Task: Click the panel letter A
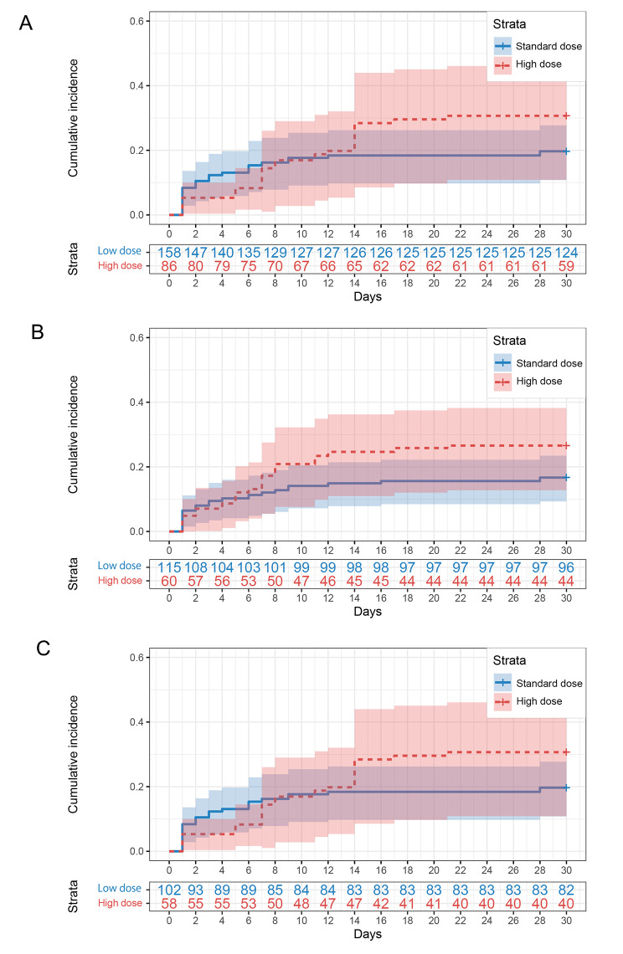pos(27,23)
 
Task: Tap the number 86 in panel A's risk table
pos(170,266)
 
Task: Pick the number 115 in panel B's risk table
pos(170,568)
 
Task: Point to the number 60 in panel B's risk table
pos(170,582)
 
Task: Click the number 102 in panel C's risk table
pos(170,885)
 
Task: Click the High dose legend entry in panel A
pos(539,64)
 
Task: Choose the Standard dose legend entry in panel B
pos(548,363)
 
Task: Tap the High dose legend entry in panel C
pos(539,701)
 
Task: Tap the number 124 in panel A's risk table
pos(566,252)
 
